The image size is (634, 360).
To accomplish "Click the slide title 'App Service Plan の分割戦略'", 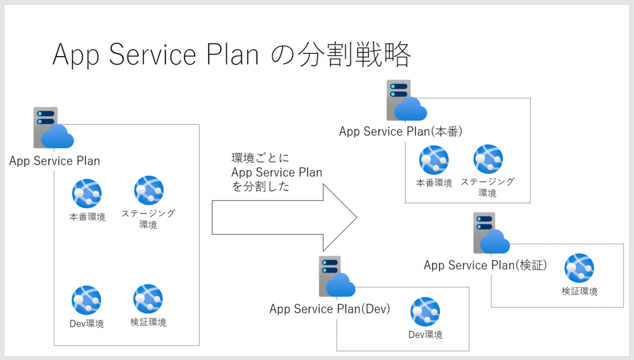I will [x=231, y=55].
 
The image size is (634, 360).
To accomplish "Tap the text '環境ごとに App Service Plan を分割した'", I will [x=277, y=172].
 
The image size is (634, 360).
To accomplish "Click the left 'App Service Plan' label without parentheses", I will [x=54, y=161].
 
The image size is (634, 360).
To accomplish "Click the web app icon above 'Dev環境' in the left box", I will [x=87, y=300].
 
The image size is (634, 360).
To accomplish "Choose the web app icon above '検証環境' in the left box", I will [x=148, y=299].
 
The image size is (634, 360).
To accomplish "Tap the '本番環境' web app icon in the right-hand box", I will [x=434, y=160].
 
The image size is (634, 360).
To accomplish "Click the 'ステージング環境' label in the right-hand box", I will [x=487, y=187].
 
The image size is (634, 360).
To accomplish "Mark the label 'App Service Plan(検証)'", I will [x=485, y=265].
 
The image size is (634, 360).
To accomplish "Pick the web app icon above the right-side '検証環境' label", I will [x=579, y=268].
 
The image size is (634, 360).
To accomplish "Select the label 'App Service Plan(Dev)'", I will [x=330, y=309].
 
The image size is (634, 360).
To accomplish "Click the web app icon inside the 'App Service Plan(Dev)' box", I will [x=425, y=312].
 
